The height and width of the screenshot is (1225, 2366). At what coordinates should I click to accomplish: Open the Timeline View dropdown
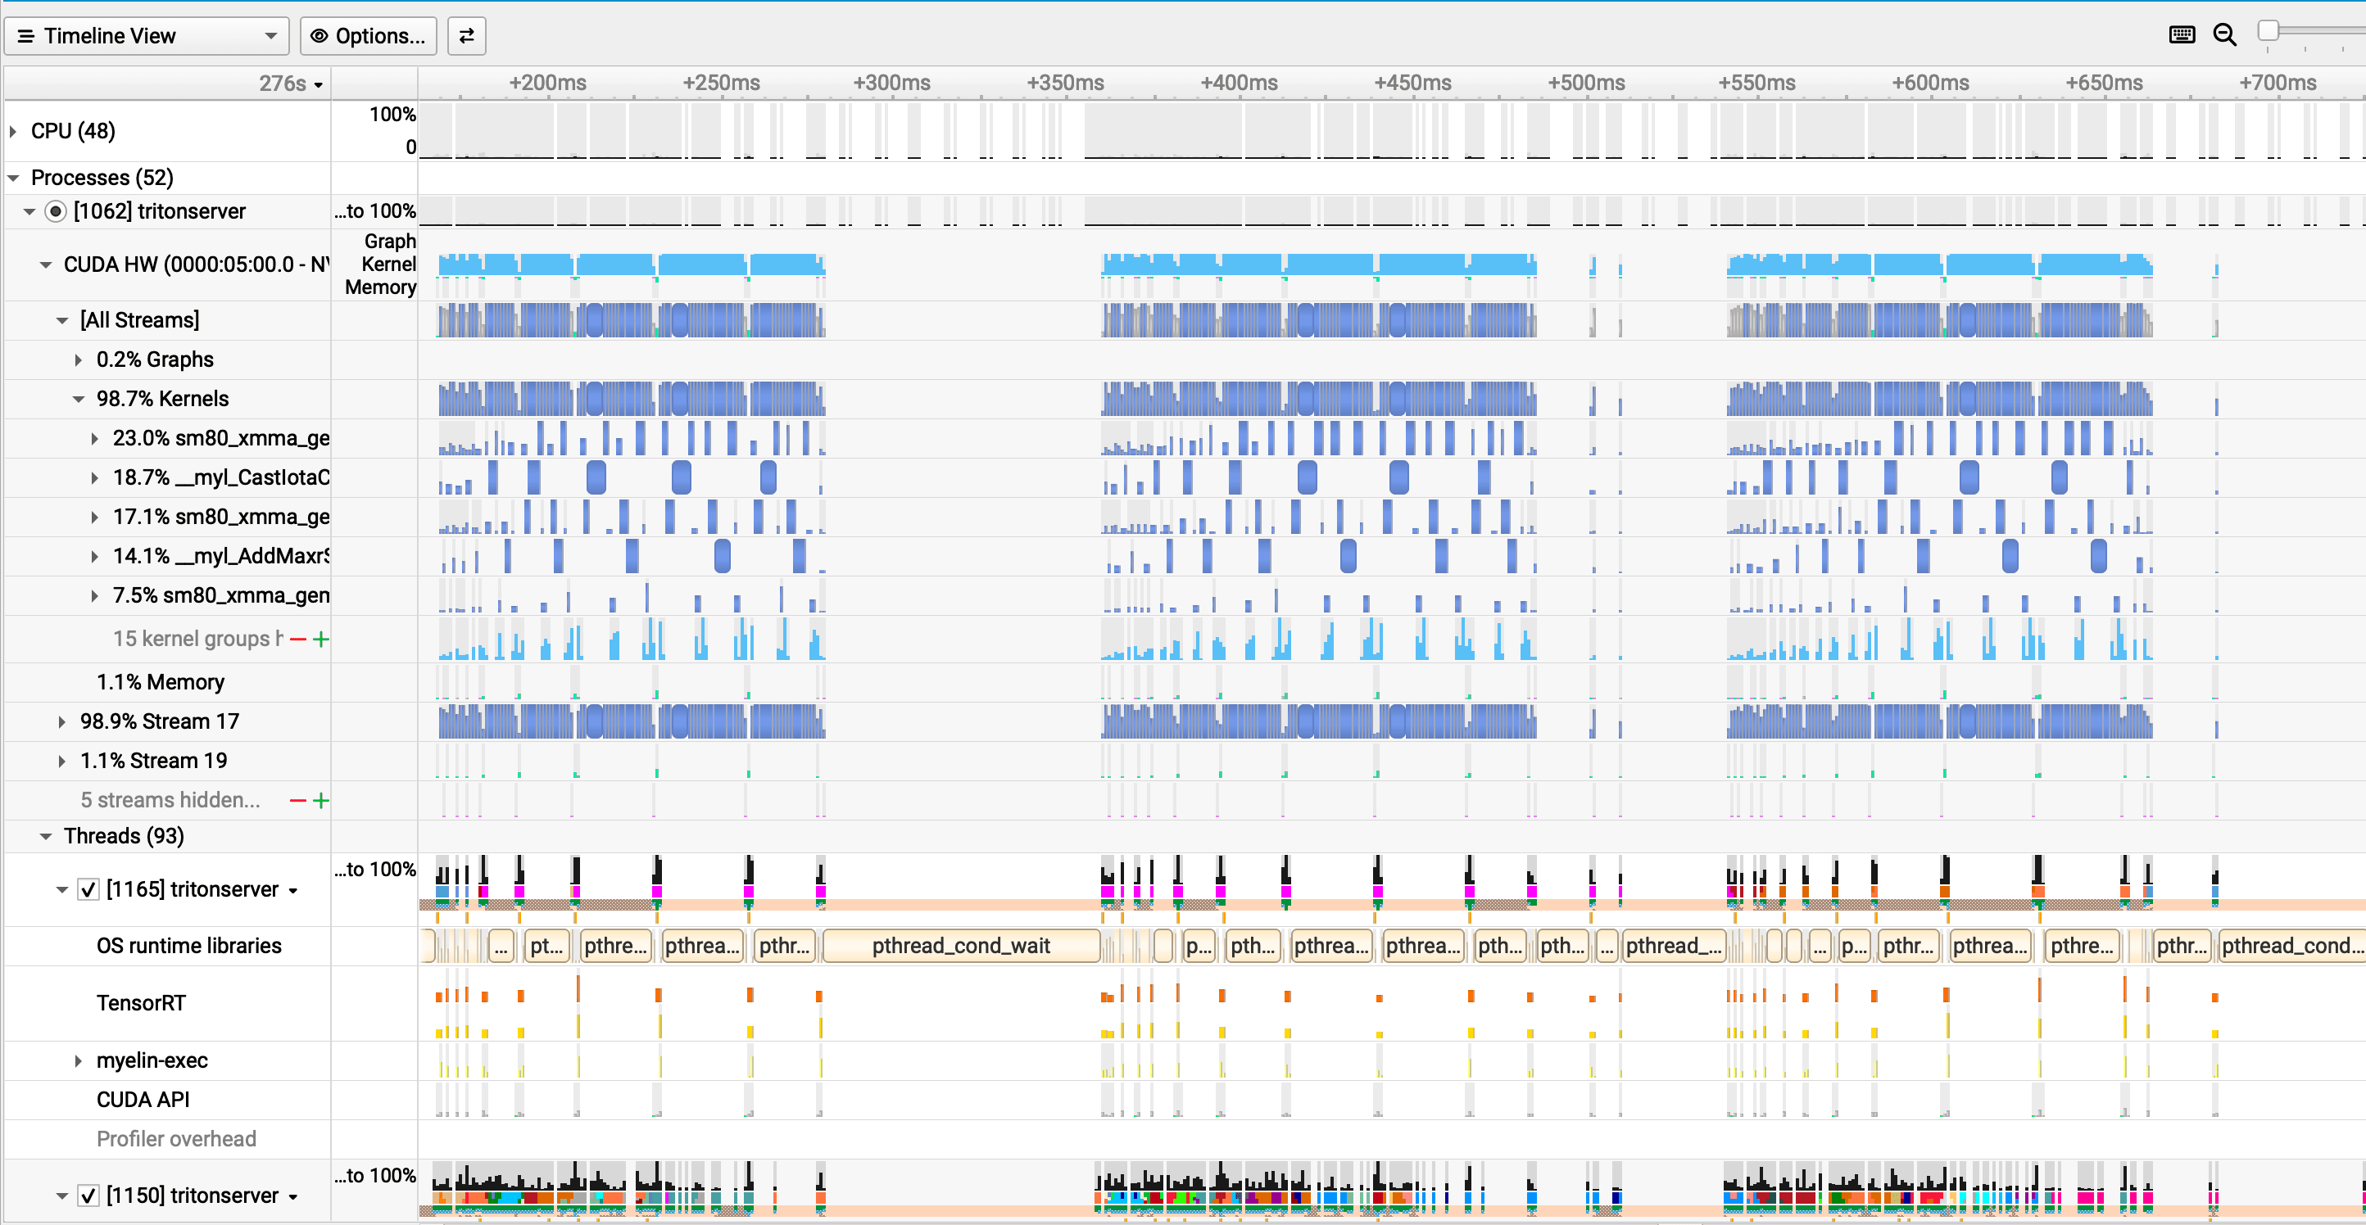coord(147,36)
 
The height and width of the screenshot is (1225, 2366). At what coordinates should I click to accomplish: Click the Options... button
coord(369,36)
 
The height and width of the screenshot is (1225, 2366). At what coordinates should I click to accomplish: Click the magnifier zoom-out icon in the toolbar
coord(2224,35)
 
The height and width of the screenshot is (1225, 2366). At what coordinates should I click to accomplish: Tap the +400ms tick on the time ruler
coord(1239,84)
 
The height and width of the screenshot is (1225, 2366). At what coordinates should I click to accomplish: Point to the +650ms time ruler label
coord(2103,84)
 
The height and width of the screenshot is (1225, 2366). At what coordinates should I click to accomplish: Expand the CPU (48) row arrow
coord(14,131)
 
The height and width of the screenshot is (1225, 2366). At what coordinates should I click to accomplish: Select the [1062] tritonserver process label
coord(159,211)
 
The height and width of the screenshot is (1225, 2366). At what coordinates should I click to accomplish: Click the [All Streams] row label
coord(139,319)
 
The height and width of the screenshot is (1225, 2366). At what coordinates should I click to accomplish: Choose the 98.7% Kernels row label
coord(162,399)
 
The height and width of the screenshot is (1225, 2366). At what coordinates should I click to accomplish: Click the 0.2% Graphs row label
coord(155,359)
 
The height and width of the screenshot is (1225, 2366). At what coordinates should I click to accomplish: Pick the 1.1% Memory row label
coord(161,681)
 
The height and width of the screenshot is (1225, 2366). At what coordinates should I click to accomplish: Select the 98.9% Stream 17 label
coord(160,721)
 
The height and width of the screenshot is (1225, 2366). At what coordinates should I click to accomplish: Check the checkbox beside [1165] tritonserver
coord(88,889)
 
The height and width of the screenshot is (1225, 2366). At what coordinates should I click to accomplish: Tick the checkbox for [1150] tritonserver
coord(88,1195)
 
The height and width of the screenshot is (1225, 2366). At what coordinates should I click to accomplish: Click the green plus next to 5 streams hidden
coord(320,800)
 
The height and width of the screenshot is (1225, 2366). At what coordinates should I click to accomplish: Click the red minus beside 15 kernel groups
coord(297,640)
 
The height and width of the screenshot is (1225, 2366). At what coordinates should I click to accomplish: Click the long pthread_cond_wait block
coord(961,945)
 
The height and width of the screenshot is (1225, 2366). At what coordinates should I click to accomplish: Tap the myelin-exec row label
coord(152,1060)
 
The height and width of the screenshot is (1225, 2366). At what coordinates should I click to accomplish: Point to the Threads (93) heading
coord(124,836)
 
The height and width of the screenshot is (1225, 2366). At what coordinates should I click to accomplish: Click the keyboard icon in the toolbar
coord(2182,35)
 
